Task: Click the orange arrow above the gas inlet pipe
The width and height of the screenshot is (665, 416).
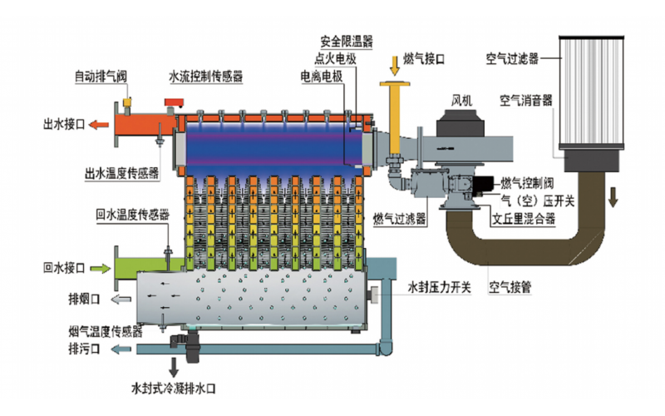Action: coord(395,64)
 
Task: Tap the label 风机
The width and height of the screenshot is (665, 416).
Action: coord(462,101)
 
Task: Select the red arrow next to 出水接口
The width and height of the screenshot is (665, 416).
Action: coord(98,126)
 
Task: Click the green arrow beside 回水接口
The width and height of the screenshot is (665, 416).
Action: coord(99,268)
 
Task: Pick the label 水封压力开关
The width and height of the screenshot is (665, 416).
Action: coord(440,288)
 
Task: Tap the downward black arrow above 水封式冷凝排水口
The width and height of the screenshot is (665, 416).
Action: coord(175,365)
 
